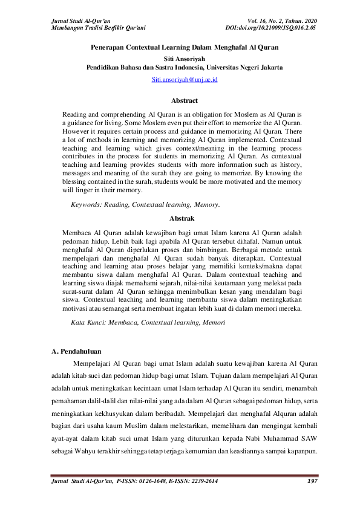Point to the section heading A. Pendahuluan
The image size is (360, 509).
click(76, 351)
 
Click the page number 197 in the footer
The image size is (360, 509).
click(312, 481)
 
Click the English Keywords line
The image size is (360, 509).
click(145, 204)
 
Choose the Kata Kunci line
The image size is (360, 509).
click(148, 323)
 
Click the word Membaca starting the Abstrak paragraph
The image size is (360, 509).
click(77, 232)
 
